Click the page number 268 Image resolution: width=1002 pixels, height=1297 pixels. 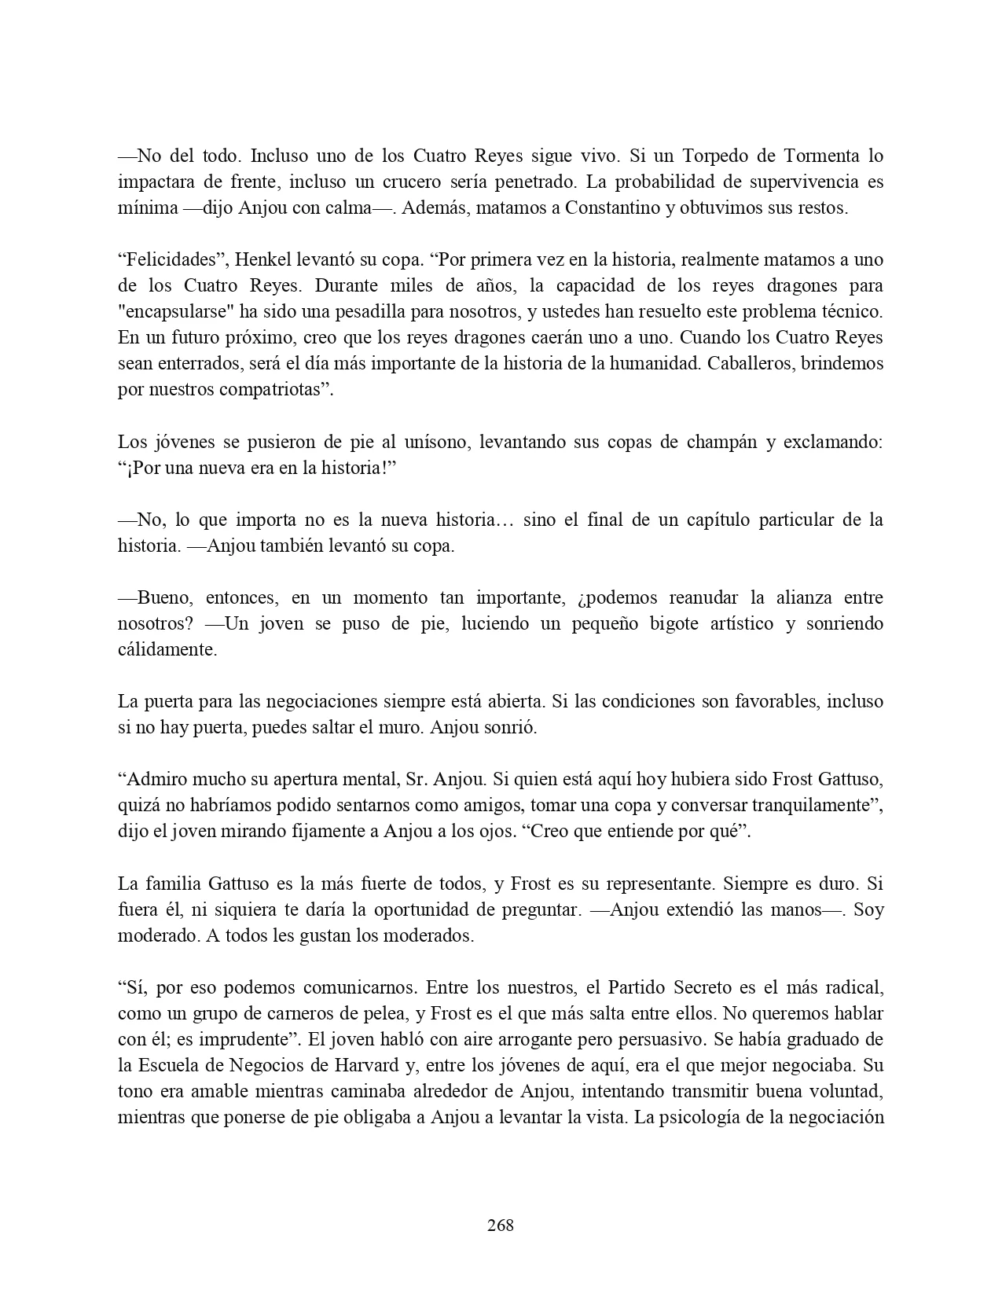tap(501, 1225)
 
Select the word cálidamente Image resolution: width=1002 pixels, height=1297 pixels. tap(167, 649)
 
